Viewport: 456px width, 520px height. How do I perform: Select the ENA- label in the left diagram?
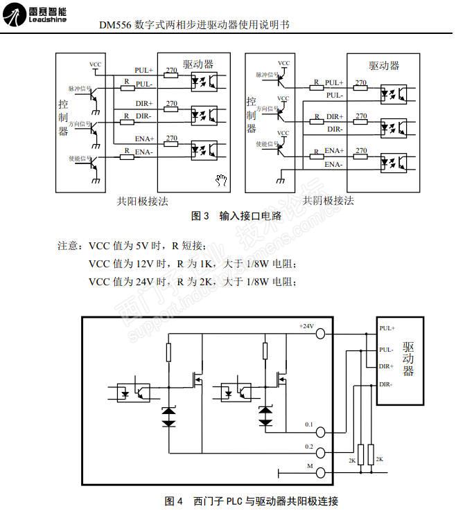click(x=144, y=152)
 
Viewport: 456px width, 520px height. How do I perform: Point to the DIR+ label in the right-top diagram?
click(x=335, y=117)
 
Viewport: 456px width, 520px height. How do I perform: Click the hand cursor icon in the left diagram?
click(x=222, y=181)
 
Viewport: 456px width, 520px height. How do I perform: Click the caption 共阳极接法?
click(x=142, y=201)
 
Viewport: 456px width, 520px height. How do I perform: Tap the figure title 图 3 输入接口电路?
click(x=236, y=216)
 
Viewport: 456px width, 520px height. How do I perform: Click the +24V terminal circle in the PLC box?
click(x=320, y=333)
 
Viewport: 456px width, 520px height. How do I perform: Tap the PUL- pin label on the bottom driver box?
click(x=387, y=350)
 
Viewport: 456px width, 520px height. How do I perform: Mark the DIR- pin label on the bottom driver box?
click(x=387, y=383)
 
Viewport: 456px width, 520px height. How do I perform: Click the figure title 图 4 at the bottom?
click(x=173, y=501)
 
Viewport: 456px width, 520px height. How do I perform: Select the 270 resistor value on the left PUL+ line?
click(x=171, y=69)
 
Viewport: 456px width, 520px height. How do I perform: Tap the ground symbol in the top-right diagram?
click(x=280, y=182)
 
